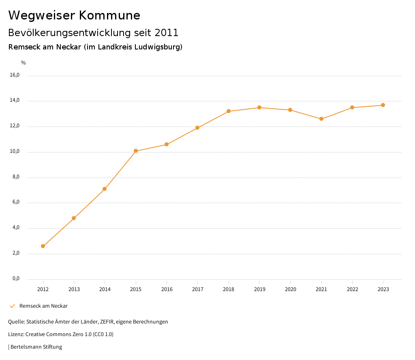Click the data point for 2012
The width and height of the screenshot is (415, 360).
point(43,246)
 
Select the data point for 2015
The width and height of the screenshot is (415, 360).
point(136,151)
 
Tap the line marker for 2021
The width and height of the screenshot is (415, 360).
point(321,119)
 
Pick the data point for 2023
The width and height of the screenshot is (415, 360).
point(383,105)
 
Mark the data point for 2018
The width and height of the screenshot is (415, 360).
point(229,111)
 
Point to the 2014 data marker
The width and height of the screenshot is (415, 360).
point(105,189)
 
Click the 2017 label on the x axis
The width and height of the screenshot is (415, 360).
point(198,289)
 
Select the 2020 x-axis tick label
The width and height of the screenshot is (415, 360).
point(291,289)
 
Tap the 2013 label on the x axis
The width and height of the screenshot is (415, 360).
point(74,289)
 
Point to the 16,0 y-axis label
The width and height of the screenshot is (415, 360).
point(15,75)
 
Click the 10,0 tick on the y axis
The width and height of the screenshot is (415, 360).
point(15,152)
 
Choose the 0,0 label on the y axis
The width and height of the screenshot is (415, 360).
point(16,279)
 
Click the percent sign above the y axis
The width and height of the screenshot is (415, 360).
point(24,63)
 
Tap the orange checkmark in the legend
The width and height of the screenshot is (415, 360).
point(12,306)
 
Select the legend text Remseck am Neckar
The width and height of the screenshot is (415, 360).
point(43,306)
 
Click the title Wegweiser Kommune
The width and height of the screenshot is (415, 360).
point(74,15)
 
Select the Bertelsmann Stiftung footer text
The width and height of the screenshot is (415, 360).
point(36,347)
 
